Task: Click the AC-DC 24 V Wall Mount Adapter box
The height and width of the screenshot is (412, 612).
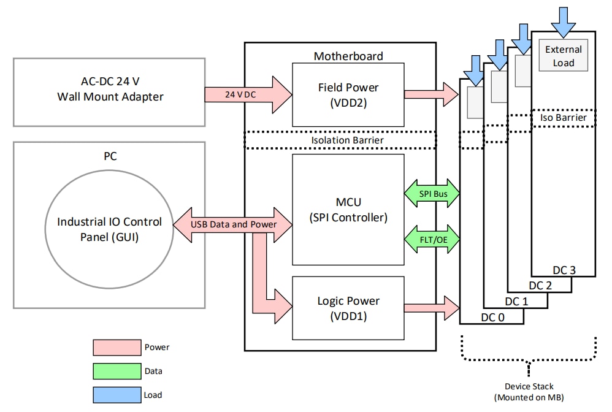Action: click(109, 92)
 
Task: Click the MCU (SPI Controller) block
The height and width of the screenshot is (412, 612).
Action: click(348, 208)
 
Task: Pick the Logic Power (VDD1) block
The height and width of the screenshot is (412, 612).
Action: click(348, 308)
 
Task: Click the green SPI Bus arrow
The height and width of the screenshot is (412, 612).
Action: click(432, 194)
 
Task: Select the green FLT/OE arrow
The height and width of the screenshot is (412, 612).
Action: click(432, 238)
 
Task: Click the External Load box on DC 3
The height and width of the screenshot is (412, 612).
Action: click(563, 56)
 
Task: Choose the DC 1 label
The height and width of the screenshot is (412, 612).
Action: click(516, 301)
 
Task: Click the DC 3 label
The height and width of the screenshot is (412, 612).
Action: click(564, 270)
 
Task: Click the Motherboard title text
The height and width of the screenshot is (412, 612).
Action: click(348, 56)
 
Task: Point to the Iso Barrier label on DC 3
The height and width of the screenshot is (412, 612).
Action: click(563, 117)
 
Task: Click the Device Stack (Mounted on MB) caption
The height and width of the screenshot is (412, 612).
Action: click(529, 392)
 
